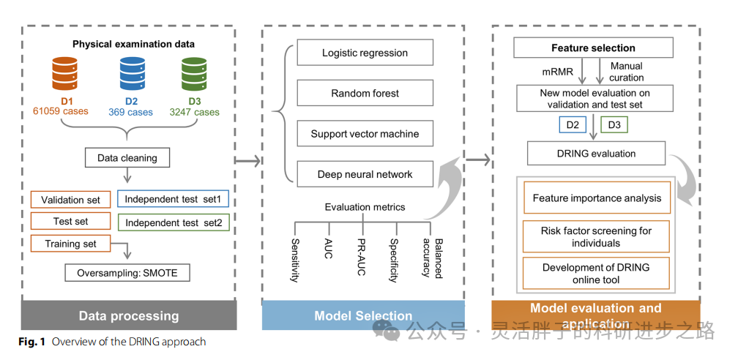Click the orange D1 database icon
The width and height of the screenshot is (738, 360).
[64, 73]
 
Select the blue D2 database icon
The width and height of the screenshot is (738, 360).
[133, 73]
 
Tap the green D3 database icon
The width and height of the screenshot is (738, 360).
[194, 73]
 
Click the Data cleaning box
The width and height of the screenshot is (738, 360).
[127, 157]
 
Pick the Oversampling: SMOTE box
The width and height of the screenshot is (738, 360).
[127, 274]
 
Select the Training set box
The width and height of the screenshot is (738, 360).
[70, 243]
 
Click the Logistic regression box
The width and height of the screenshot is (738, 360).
[365, 53]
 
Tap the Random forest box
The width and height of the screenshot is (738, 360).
[365, 94]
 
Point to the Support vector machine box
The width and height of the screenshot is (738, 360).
[365, 134]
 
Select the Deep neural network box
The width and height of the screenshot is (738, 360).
[365, 174]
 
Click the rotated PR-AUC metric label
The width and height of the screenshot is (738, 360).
[361, 256]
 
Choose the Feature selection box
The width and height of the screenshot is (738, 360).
[593, 48]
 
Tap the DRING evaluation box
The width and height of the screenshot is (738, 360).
[596, 154]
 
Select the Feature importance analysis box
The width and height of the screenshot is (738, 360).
[596, 198]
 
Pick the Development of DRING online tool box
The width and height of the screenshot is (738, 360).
[596, 273]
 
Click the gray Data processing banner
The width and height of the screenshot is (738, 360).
[129, 316]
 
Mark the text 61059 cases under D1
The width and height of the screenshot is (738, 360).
[60, 112]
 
